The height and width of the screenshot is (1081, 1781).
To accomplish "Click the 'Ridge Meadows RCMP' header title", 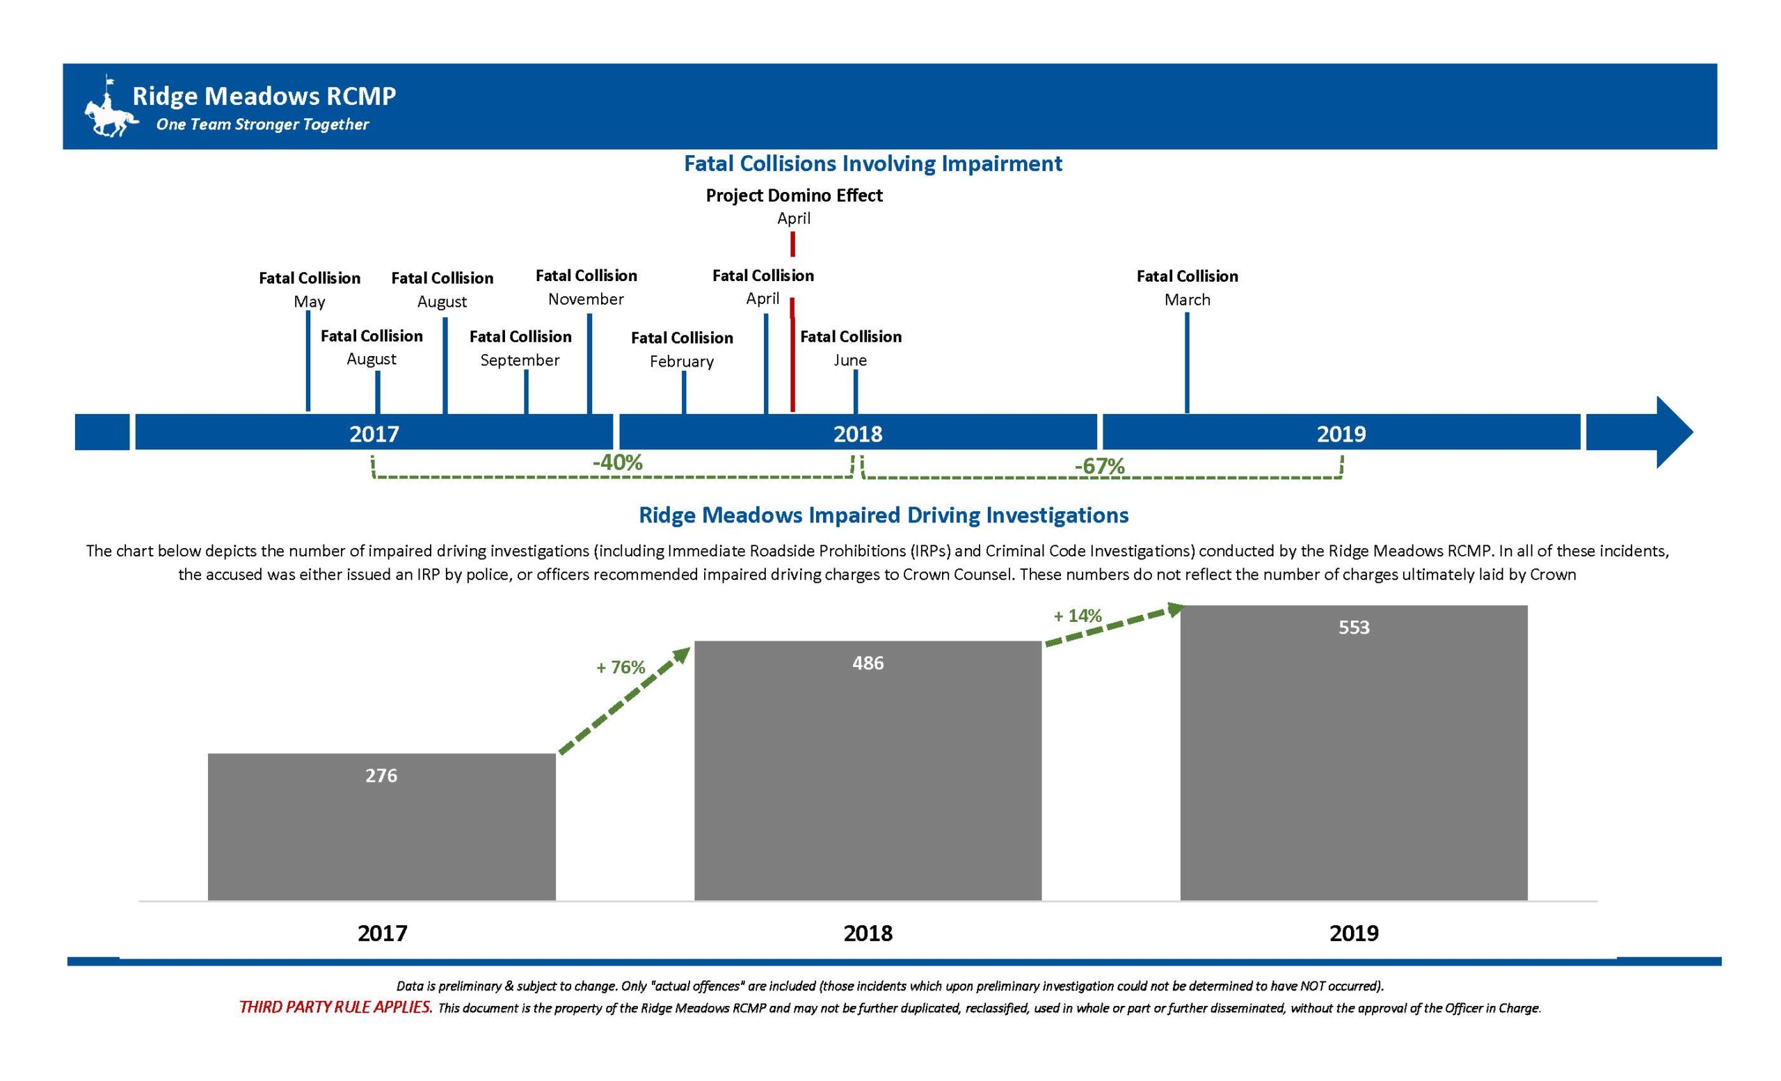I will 264,96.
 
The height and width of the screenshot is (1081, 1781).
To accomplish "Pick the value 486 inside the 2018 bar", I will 868,663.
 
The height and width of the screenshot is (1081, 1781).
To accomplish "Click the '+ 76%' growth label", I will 620,667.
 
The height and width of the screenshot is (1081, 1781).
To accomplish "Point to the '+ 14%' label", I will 1077,616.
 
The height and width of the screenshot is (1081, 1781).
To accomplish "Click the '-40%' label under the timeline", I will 616,463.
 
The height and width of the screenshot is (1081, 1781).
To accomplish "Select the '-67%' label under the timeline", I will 1099,466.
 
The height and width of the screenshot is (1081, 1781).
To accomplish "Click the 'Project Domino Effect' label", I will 794,195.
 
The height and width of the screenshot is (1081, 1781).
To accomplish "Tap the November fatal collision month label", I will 586,299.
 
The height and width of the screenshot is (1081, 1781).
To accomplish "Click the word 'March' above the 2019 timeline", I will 1186,300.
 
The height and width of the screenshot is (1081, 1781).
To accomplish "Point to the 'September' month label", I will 520,360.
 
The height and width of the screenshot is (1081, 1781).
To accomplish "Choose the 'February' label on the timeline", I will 681,361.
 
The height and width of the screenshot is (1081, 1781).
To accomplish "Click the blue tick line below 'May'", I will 308,361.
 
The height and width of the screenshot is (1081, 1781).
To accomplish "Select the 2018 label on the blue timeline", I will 857,433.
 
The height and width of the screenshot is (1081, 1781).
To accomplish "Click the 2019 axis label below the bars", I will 1353,933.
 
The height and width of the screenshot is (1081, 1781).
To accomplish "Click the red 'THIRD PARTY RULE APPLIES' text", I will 335,1007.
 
